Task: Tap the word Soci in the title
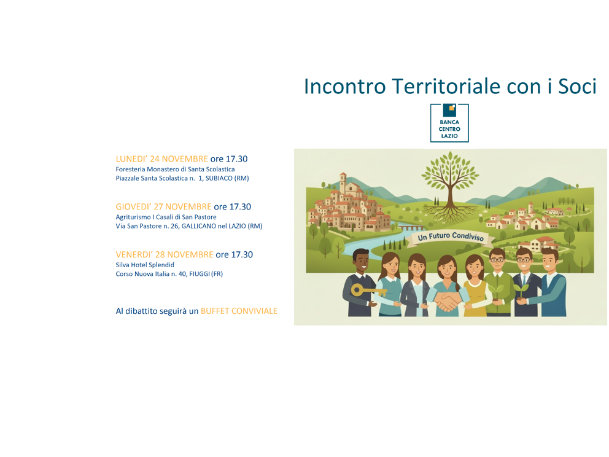click(x=576, y=87)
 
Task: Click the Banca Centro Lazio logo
click(x=449, y=123)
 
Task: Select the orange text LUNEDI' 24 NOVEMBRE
click(x=161, y=159)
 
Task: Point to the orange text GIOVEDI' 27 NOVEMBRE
click(x=163, y=207)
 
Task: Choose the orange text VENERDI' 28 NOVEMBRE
click(x=165, y=254)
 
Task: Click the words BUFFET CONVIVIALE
click(x=239, y=311)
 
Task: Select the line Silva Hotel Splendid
click(x=145, y=265)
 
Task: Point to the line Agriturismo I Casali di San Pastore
click(x=166, y=217)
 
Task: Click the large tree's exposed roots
click(x=451, y=212)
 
